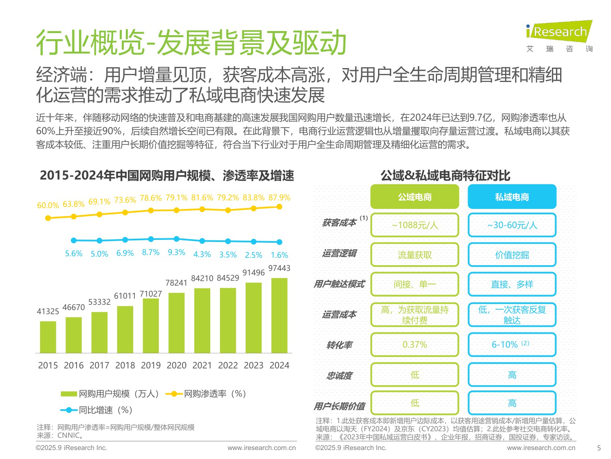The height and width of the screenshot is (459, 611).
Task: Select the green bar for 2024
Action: click(x=279, y=315)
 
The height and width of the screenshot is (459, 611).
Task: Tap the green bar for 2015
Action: click(x=48, y=337)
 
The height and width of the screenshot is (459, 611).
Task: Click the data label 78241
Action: click(x=176, y=283)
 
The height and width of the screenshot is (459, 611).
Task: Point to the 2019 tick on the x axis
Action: click(x=151, y=365)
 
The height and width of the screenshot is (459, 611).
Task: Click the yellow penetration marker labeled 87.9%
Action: click(x=279, y=207)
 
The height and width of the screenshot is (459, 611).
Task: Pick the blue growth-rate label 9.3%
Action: click(x=176, y=253)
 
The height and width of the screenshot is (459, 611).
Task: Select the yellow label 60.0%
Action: click(x=48, y=205)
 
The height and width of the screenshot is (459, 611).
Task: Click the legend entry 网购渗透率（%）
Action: click(x=206, y=394)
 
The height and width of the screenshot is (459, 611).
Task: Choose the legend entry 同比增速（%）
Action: click(x=97, y=410)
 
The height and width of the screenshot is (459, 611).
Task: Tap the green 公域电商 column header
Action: click(x=415, y=197)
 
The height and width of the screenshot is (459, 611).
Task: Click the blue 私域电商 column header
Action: click(x=512, y=197)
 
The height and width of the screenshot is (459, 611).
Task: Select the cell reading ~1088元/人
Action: click(x=415, y=225)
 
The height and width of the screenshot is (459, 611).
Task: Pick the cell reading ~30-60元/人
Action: click(x=512, y=225)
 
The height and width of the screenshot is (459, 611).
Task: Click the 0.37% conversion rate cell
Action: click(x=415, y=345)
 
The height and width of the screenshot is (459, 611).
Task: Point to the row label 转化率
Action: click(x=339, y=345)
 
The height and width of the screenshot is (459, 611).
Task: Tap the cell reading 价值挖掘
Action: click(x=512, y=255)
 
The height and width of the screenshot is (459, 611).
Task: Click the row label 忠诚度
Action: click(x=339, y=375)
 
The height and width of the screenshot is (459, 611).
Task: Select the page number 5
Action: click(x=599, y=448)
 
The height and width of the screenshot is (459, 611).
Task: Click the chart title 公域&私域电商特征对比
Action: click(x=445, y=176)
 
